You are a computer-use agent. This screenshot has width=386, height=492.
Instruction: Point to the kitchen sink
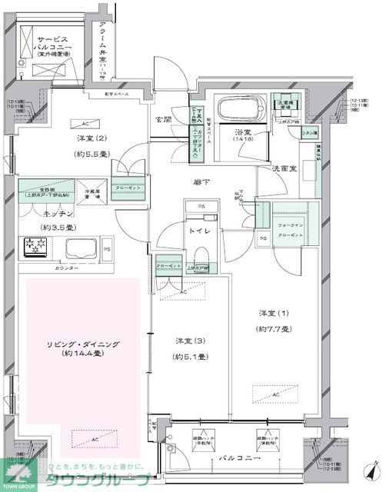(x=79, y=249)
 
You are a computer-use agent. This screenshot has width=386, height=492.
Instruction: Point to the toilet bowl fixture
(x=202, y=256)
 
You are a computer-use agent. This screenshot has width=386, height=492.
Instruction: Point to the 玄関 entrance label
(x=163, y=121)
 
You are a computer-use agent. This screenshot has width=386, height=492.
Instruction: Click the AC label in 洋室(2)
(x=85, y=123)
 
